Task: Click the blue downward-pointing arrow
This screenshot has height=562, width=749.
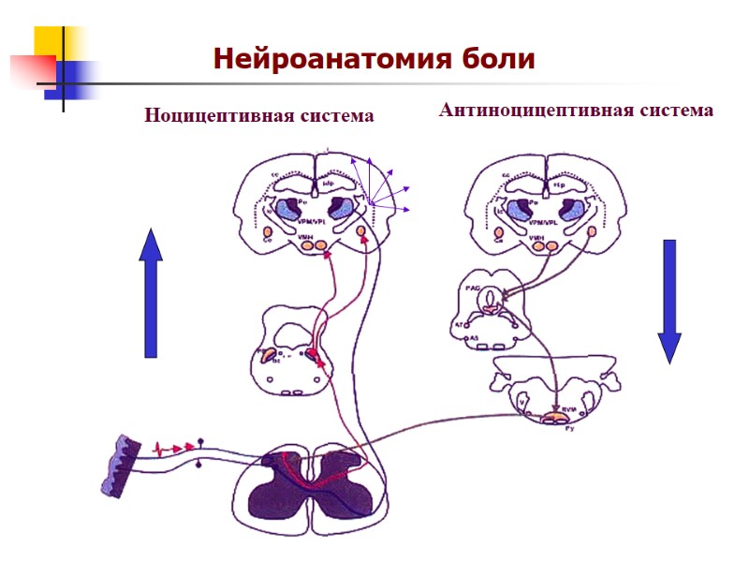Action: (668, 301)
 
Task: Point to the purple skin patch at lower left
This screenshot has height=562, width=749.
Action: (121, 463)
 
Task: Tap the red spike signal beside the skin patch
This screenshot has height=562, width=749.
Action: (170, 447)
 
